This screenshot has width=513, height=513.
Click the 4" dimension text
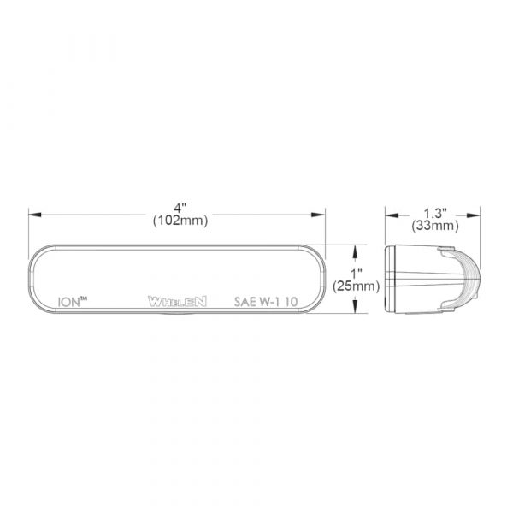tap(180, 208)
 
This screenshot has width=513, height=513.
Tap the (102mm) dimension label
tap(180, 221)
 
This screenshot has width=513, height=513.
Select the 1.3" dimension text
tap(435, 213)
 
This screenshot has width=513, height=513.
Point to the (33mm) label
tap(435, 226)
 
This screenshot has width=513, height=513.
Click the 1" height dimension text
tap(356, 274)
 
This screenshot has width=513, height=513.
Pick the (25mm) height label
tap(357, 286)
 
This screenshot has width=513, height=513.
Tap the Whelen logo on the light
tap(177, 301)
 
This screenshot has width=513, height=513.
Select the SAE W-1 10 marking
tap(266, 301)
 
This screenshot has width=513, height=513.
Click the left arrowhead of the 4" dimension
tap(35, 215)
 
